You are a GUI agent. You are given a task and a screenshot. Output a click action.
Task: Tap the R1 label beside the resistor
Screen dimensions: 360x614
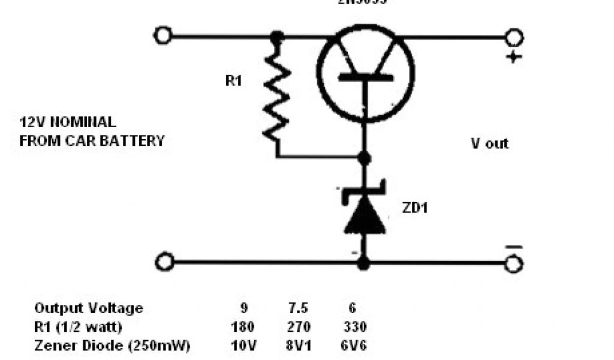click(x=233, y=80)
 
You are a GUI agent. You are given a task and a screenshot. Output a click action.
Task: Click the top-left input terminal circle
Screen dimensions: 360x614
click(x=162, y=36)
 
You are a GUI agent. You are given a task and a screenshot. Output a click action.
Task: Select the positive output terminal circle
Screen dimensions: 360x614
click(x=513, y=37)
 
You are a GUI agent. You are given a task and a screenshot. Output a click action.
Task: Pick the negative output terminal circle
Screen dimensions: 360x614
click(x=513, y=263)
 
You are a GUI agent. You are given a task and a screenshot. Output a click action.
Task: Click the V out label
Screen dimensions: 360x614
click(x=489, y=143)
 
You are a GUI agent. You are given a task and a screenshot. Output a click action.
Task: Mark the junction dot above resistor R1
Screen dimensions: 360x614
click(x=276, y=37)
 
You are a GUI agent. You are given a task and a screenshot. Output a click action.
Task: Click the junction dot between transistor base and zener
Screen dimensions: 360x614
click(x=363, y=158)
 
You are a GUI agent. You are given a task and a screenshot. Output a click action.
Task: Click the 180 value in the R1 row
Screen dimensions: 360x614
click(x=242, y=328)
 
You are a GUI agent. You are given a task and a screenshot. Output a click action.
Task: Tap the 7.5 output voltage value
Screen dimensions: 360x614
click(x=298, y=308)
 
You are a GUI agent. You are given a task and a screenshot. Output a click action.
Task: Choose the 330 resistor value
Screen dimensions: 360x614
click(x=354, y=328)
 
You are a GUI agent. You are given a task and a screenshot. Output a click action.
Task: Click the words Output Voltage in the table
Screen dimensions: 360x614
click(x=89, y=308)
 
